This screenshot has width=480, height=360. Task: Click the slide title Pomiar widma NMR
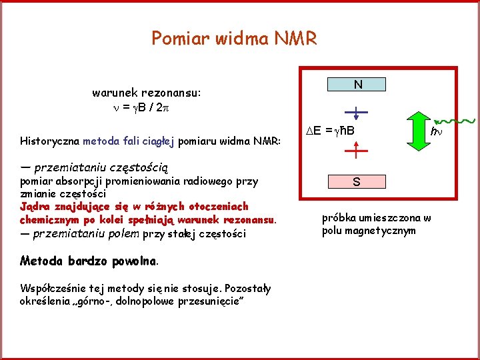point(234,38)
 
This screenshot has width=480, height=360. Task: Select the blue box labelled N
point(358,85)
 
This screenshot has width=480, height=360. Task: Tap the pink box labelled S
point(357,181)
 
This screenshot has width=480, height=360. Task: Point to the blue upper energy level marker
point(356,111)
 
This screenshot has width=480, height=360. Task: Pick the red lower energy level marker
point(356,152)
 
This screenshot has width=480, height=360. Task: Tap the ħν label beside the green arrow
point(437,133)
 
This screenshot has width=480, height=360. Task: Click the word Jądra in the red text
point(34,206)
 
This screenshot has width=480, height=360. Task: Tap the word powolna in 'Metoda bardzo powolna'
point(133,260)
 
